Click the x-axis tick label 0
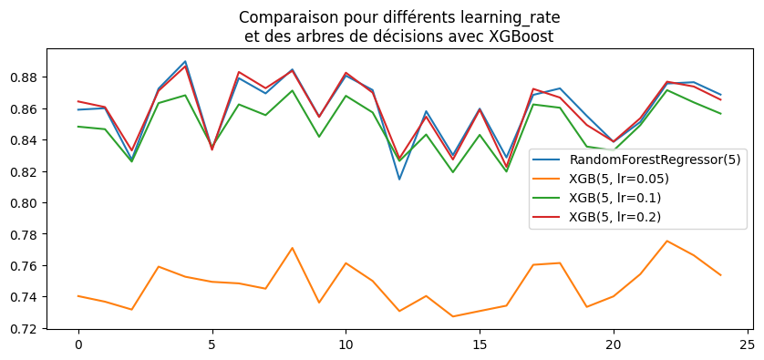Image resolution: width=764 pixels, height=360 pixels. tap(78, 346)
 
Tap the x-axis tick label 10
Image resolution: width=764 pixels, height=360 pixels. tap(346, 346)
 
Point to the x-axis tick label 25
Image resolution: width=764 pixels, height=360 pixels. tap(747, 346)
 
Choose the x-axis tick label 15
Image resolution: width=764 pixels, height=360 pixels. tap(480, 346)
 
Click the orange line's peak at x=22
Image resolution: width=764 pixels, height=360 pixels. tap(666, 241)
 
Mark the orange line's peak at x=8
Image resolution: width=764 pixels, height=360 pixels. tap(292, 248)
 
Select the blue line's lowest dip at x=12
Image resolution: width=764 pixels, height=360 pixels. tap(399, 179)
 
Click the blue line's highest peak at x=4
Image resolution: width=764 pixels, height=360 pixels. tap(185, 62)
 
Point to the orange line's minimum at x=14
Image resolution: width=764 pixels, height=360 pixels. tap(452, 316)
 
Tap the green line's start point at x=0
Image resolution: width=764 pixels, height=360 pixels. tap(78, 127)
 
